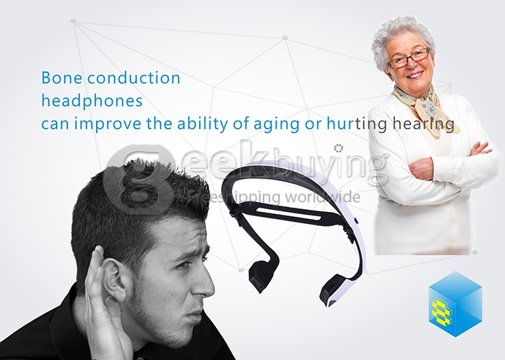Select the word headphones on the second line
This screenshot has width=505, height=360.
pos(92,101)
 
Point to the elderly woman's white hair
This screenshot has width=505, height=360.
pos(400,32)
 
